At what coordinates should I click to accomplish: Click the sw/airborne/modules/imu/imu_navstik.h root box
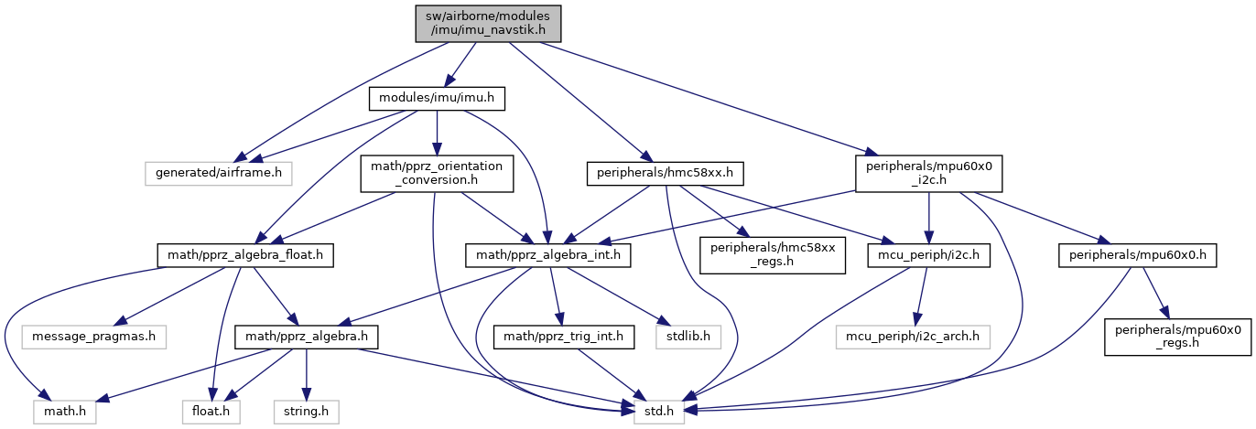coord(488,24)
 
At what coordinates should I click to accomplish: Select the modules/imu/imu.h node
coord(437,98)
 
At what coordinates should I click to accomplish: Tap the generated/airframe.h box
coord(219,173)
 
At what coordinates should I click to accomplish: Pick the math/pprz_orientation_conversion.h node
coord(437,173)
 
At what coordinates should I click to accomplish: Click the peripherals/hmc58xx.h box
coord(665,173)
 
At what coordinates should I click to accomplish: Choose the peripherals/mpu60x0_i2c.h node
coord(928,173)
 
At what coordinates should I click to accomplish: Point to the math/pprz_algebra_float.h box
coord(245,255)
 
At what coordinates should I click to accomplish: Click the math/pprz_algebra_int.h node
coord(547,255)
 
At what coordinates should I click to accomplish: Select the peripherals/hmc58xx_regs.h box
coord(773,255)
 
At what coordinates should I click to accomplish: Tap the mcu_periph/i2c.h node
coord(928,255)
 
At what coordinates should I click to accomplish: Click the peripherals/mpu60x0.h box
coord(1138,255)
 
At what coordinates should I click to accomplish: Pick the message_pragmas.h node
coord(94,337)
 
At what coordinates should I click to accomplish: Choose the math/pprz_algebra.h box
coord(306,337)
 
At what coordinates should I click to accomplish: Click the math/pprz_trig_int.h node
coord(564,337)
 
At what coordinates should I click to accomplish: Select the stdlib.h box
coord(688,337)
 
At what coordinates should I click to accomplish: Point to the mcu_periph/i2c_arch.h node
coord(913,337)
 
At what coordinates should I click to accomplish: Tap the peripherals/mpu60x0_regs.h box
coord(1177,337)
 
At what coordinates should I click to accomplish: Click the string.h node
coord(306,412)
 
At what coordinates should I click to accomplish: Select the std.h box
coord(659,412)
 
